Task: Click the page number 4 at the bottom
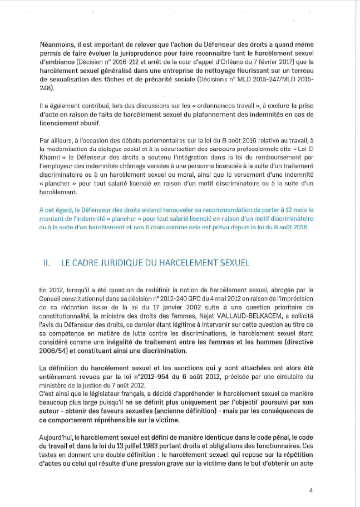click(311, 490)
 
